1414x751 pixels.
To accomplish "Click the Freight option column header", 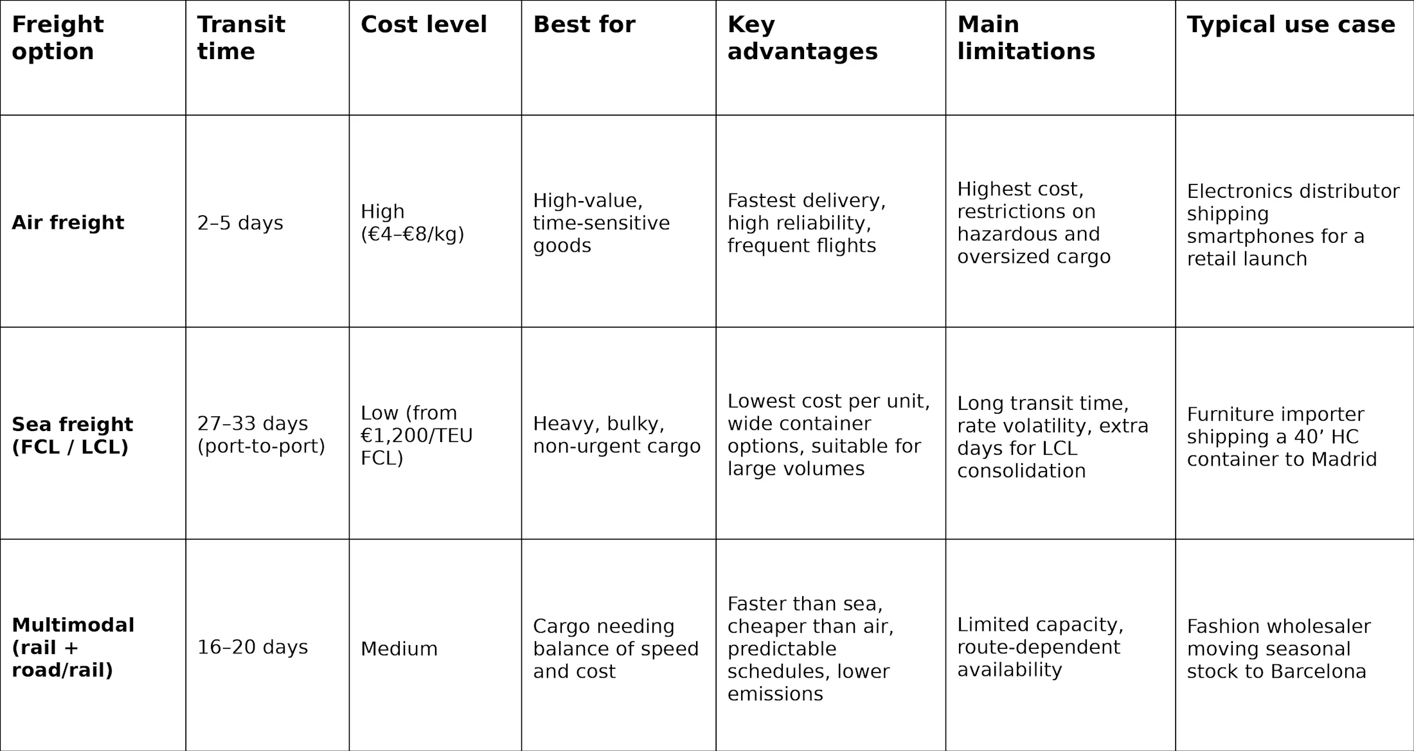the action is point(58,38).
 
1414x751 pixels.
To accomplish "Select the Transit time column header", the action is point(241,38).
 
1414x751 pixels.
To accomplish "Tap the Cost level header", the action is point(424,25).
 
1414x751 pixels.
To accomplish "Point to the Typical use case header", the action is point(1291,25).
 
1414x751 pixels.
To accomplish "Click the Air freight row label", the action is point(68,222).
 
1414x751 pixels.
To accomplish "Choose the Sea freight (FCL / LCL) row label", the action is point(73,436).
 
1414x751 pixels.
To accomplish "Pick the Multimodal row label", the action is point(73,647).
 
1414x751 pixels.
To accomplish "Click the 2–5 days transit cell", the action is point(240,223).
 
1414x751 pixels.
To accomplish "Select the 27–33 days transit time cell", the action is point(261,435).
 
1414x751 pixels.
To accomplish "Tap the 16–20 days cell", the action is point(253,647).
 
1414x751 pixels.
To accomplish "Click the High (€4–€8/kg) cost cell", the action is point(412,223).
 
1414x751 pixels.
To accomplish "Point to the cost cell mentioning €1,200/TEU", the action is point(416,436).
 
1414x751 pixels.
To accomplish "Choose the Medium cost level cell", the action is point(399,649).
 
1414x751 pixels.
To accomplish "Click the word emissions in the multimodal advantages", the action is point(775,694).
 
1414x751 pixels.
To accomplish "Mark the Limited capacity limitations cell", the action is point(1040,647).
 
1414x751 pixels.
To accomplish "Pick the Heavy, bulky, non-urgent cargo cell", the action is point(616,435).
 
